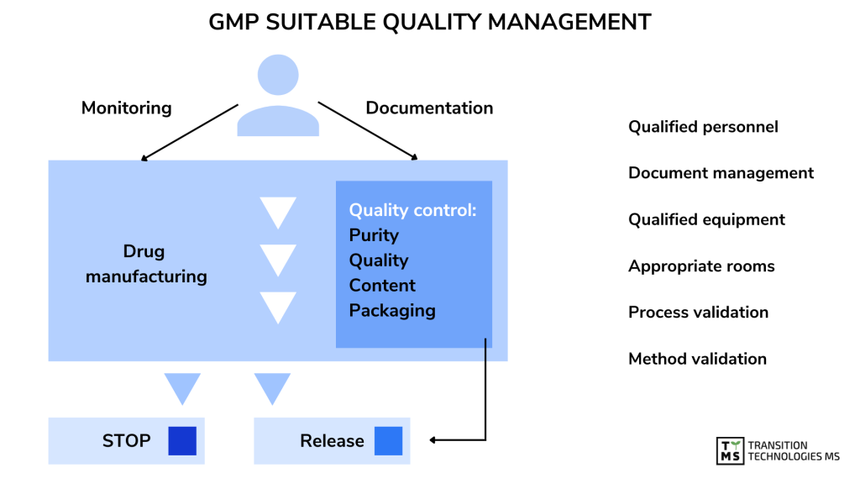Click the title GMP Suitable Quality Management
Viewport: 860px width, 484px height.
(x=429, y=23)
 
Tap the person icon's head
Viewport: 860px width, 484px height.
(x=278, y=75)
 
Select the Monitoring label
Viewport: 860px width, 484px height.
(x=126, y=108)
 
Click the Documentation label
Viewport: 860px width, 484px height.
(x=429, y=108)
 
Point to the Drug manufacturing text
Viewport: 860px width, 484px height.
(x=145, y=264)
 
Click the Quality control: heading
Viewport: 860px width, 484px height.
(x=412, y=210)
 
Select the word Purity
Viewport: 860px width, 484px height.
(x=374, y=235)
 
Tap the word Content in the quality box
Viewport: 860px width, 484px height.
(x=382, y=286)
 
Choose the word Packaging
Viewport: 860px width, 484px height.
(x=392, y=310)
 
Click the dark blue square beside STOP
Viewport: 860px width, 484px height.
(x=181, y=441)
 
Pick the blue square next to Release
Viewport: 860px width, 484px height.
(x=388, y=441)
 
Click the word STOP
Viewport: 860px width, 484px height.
(x=127, y=441)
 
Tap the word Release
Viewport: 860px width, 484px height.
(x=332, y=441)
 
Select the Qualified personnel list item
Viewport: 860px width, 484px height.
(x=703, y=127)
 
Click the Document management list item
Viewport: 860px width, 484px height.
(x=721, y=173)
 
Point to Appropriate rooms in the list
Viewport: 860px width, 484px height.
(x=701, y=266)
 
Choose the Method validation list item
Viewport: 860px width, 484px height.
(x=697, y=359)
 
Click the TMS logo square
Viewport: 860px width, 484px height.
(x=729, y=451)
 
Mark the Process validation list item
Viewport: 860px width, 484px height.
(x=698, y=312)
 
